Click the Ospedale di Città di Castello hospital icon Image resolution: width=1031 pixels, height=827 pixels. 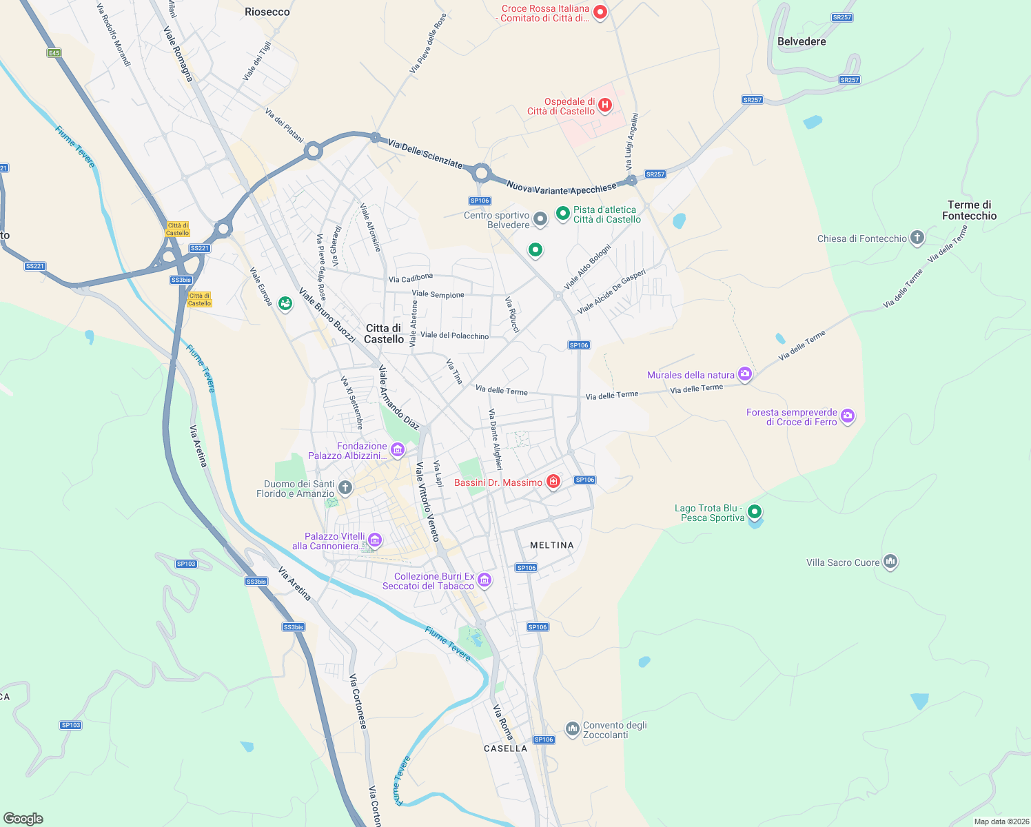click(x=604, y=105)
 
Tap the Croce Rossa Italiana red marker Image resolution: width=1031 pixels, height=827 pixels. click(x=600, y=12)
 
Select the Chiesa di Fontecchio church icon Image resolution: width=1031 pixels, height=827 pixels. click(x=917, y=238)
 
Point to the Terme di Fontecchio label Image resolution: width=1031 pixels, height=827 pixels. click(x=969, y=210)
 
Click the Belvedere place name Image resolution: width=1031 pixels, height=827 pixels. click(x=802, y=41)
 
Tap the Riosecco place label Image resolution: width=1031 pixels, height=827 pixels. click(x=267, y=12)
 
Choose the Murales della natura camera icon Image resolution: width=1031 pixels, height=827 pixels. click(x=745, y=374)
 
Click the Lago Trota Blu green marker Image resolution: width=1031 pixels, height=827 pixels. click(x=755, y=511)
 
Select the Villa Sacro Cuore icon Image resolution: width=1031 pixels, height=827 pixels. click(x=890, y=562)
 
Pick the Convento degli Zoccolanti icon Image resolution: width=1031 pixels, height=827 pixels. click(x=572, y=728)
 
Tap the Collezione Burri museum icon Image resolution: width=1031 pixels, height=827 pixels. click(x=484, y=580)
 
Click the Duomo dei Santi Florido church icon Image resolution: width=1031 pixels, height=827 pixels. click(x=345, y=488)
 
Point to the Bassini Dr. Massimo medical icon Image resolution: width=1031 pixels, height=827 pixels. click(x=553, y=482)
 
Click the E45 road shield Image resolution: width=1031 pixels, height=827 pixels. click(x=54, y=53)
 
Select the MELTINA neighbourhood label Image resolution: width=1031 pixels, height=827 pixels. click(x=551, y=545)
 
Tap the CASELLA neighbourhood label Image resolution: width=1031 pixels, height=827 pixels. click(x=505, y=748)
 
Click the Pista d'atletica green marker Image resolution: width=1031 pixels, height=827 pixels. click(x=562, y=214)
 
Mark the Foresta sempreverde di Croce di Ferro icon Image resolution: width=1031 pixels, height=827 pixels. click(x=848, y=416)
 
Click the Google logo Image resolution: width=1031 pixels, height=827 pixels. click(x=23, y=818)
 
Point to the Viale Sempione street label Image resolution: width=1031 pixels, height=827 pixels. click(x=438, y=294)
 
